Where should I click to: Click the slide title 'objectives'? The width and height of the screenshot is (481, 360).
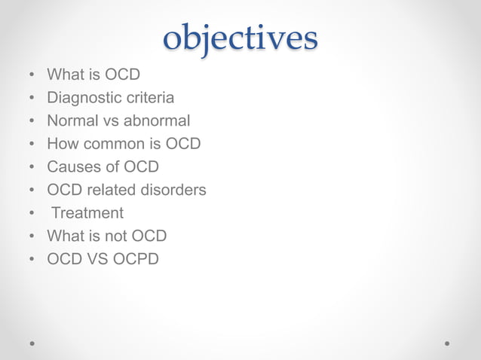point(240,37)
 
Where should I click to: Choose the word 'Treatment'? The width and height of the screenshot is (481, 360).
point(87,213)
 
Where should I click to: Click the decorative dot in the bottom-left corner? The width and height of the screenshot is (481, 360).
point(32,342)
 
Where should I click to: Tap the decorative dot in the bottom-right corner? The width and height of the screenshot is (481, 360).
point(447,342)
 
